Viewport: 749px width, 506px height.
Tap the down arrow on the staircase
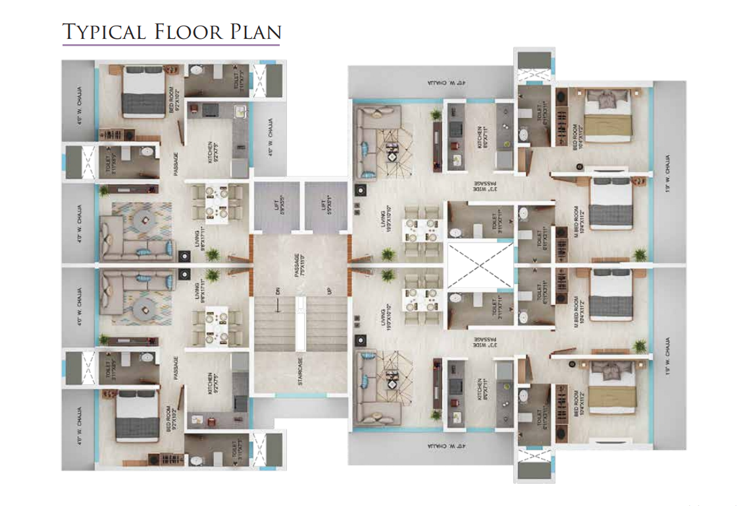[x=279, y=305]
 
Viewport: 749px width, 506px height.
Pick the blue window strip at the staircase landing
[x=300, y=395]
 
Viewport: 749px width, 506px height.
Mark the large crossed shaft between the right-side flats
[x=478, y=266]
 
